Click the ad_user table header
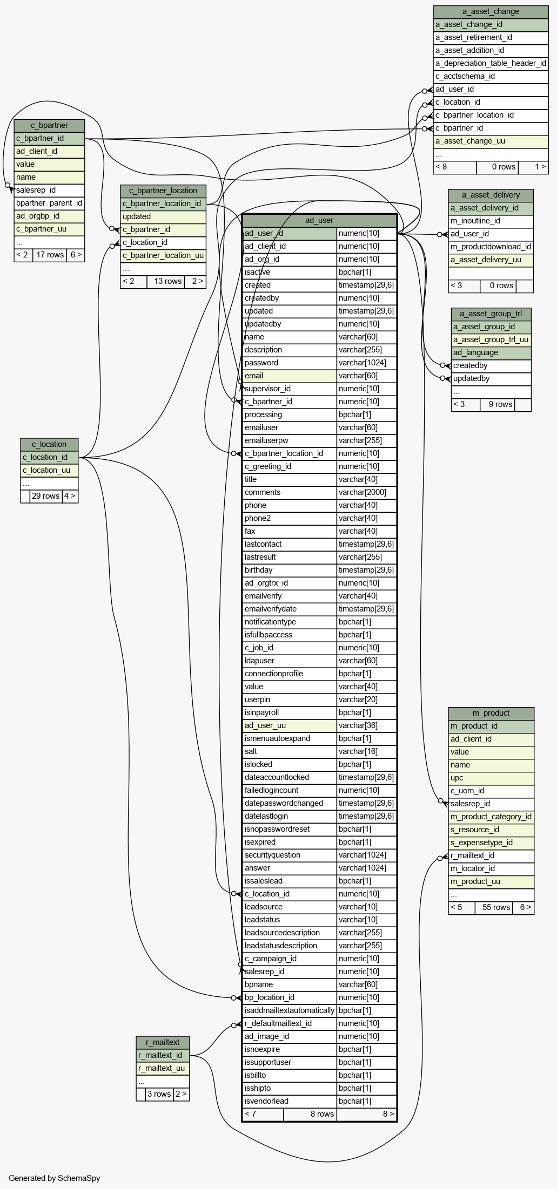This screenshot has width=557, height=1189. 319,220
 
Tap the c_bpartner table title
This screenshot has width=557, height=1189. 49,125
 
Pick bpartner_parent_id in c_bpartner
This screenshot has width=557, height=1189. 49,203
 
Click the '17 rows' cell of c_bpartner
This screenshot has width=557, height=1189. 50,255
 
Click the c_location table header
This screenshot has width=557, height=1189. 49,444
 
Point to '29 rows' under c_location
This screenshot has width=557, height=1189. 46,496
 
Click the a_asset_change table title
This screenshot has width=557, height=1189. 491,11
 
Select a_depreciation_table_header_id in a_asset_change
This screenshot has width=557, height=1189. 491,63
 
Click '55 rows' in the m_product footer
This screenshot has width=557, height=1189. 496,907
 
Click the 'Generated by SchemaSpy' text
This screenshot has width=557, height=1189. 55,1178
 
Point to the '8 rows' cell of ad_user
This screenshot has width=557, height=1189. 322,1114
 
